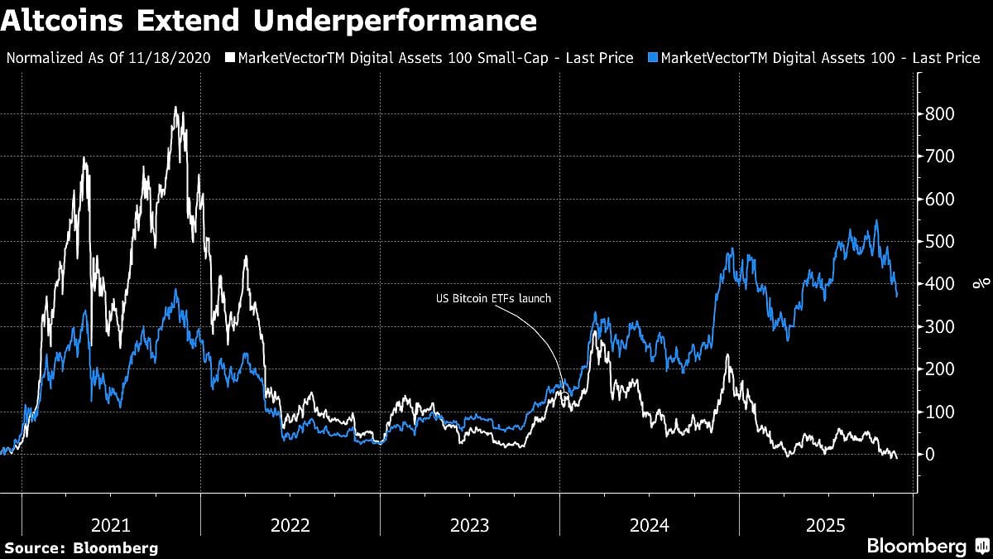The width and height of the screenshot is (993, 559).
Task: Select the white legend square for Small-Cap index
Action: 231,58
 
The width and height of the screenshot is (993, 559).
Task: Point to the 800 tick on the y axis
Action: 940,113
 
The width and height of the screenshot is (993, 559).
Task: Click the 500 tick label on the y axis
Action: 940,242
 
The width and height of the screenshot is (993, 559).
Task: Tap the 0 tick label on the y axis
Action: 931,455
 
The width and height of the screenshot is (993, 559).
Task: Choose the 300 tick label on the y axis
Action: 940,327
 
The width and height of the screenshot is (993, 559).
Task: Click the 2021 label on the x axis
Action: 110,524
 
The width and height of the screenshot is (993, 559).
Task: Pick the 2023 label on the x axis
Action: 470,524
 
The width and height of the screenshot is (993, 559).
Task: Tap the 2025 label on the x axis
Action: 827,524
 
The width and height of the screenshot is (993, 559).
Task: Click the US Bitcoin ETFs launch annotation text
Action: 493,299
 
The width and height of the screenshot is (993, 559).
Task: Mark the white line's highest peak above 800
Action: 175,108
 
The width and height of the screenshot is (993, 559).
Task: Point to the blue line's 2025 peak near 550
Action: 876,221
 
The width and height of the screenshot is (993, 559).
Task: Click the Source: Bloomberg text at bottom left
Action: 80,547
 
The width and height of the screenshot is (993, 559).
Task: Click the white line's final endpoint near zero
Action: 896,458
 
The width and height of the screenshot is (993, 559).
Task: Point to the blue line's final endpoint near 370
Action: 897,296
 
